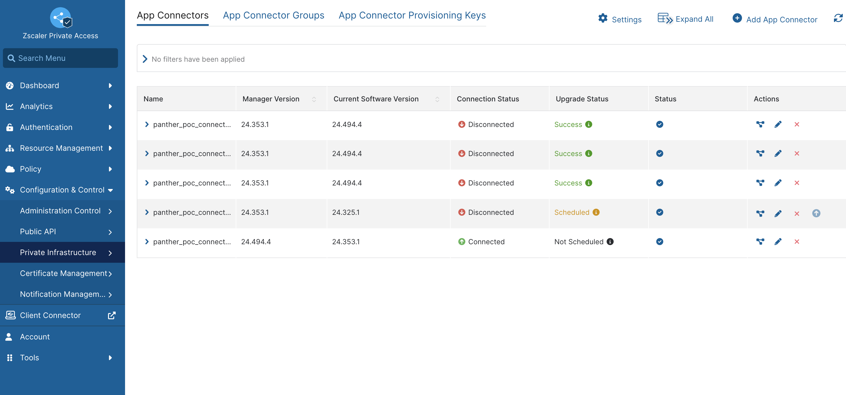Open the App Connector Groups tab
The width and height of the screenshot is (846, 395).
click(x=273, y=16)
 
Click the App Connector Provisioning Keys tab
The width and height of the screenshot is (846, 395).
click(x=412, y=16)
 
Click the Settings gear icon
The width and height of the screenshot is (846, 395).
click(x=603, y=19)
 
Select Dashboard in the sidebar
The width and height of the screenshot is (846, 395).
click(x=39, y=86)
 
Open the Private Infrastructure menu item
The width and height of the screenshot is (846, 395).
click(x=58, y=252)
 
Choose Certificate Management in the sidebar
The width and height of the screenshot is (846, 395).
click(x=63, y=273)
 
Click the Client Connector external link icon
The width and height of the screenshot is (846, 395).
click(x=112, y=315)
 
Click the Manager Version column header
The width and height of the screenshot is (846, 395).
click(x=271, y=99)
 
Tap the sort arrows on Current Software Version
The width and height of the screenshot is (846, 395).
click(x=437, y=99)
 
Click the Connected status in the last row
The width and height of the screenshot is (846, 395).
click(x=486, y=242)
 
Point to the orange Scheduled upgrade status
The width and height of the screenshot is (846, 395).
click(x=572, y=212)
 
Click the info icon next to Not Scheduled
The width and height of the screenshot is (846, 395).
click(x=610, y=242)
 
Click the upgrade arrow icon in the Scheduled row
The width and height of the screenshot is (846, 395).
click(x=816, y=213)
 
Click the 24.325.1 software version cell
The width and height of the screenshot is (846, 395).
click(x=346, y=212)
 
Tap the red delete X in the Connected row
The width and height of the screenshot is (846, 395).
click(x=796, y=242)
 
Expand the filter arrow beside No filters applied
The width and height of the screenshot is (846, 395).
click(x=145, y=59)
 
